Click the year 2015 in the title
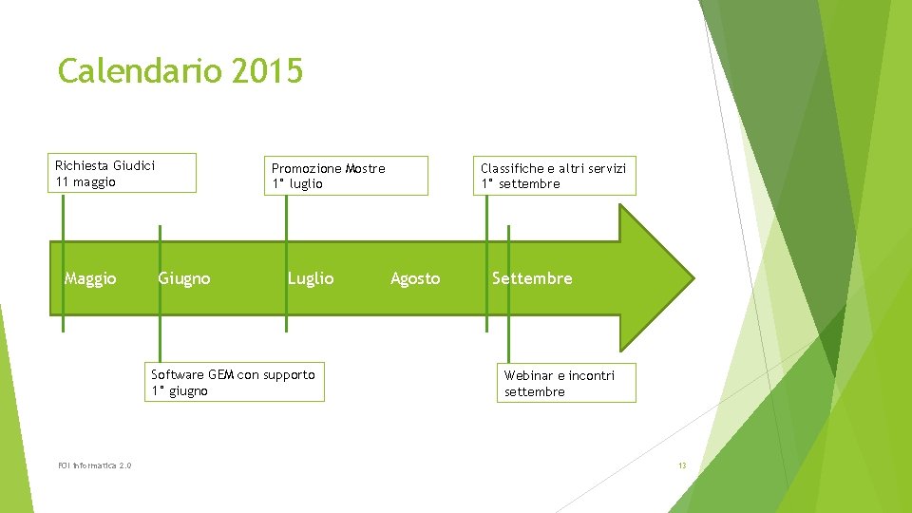tap(266, 70)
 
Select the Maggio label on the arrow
tap(90, 278)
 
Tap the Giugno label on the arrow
tap(184, 278)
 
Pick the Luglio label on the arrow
tap(311, 278)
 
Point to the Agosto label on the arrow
tap(415, 278)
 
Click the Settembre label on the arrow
tap(532, 278)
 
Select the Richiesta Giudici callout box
tap(123, 174)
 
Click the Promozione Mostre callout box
tap(346, 176)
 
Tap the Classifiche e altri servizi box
tap(555, 176)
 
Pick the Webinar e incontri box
tap(566, 383)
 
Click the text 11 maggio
tap(85, 182)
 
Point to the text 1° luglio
tap(297, 184)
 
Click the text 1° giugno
tap(180, 390)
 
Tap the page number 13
tap(682, 465)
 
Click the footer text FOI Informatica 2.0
tap(94, 465)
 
